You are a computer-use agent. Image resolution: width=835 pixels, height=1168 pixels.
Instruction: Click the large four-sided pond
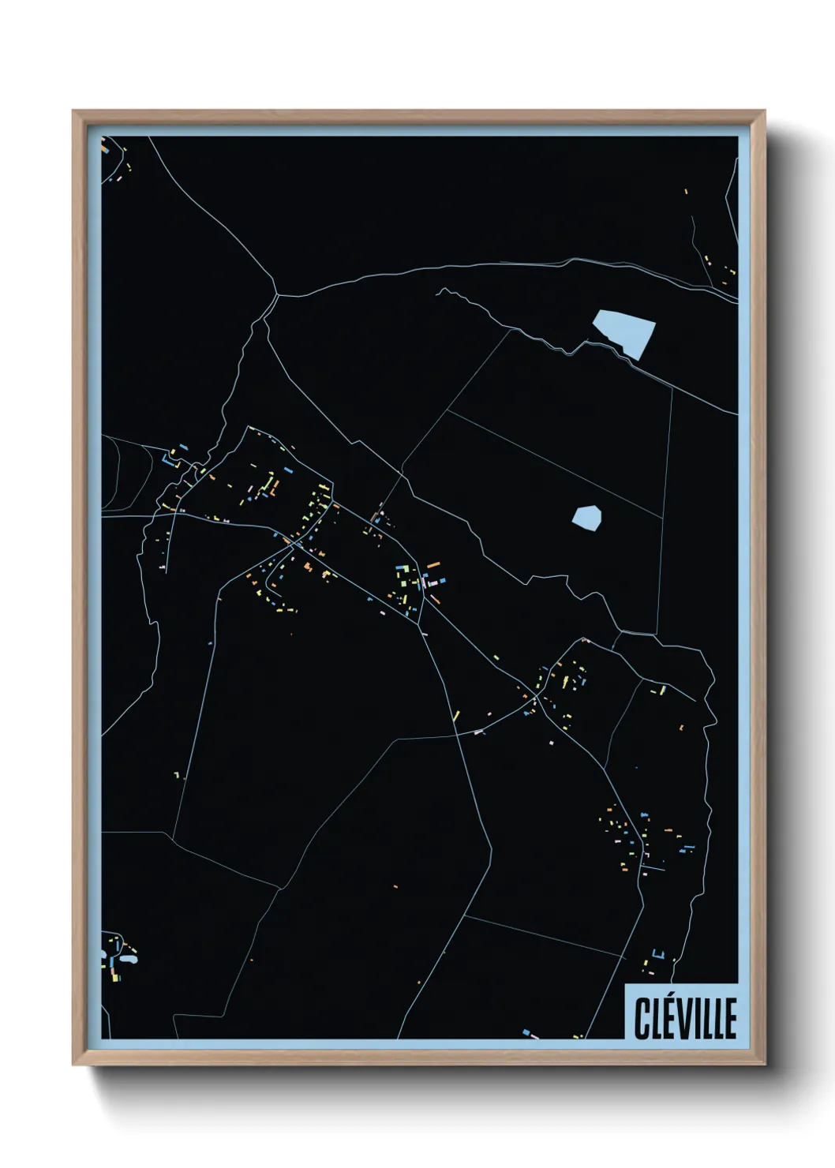[624, 331]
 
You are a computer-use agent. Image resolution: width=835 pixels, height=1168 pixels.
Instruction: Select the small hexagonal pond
[586, 517]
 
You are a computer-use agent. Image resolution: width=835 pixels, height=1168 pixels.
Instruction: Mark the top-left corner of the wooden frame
[73, 111]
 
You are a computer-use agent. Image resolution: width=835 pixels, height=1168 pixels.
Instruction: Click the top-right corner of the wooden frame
[764, 111]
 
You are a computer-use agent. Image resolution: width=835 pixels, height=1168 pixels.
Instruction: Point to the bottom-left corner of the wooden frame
[73, 1064]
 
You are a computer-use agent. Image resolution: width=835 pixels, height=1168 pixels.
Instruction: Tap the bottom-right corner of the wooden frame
[764, 1064]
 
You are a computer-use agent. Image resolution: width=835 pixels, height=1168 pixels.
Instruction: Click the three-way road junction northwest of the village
[277, 295]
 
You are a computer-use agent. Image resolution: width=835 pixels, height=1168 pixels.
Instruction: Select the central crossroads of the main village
[294, 543]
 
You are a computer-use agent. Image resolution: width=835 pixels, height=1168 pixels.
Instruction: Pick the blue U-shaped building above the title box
[659, 956]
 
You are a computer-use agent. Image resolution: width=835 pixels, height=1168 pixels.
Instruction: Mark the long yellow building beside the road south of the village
[456, 716]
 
